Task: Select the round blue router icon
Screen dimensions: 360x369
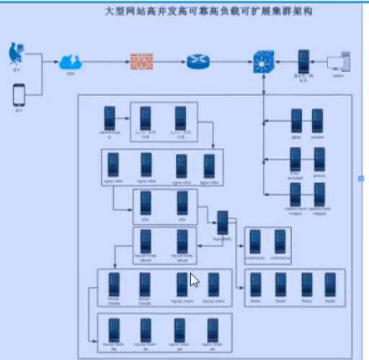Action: coord(197,61)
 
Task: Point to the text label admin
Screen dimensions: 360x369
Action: coord(339,74)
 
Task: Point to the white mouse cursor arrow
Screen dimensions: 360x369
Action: coord(194,280)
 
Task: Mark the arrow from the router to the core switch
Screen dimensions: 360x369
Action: coord(230,61)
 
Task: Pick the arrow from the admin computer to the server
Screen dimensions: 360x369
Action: coord(322,60)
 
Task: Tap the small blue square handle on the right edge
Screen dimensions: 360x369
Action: coord(362,178)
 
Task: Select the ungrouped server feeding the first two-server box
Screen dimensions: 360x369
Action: coord(110,118)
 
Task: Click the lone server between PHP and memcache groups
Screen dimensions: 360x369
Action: coord(223,221)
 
